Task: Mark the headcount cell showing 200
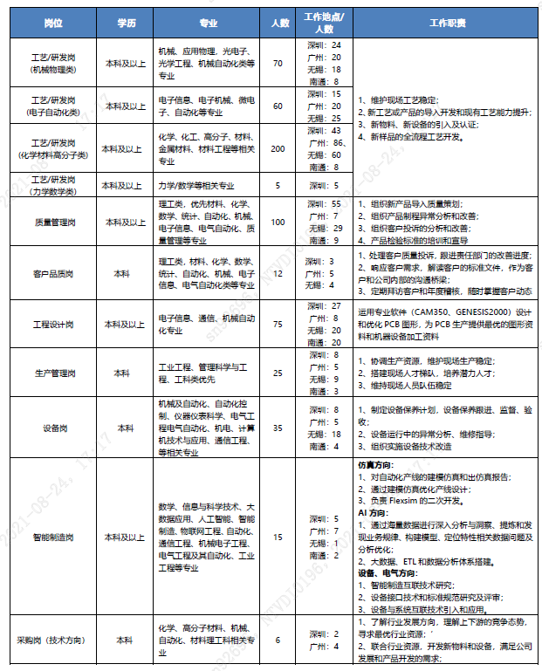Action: [278, 148]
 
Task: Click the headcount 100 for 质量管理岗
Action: [278, 222]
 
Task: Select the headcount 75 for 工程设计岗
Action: [278, 324]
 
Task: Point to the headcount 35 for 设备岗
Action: [278, 428]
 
